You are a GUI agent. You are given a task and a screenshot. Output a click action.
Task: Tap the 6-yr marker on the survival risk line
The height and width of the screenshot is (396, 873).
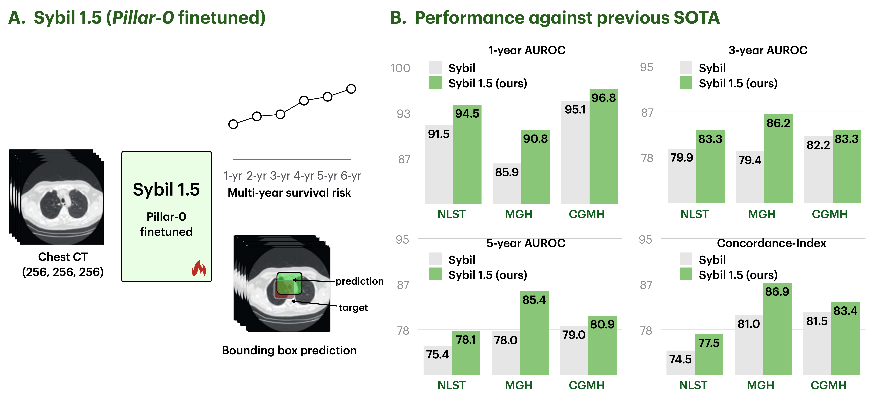click(351, 89)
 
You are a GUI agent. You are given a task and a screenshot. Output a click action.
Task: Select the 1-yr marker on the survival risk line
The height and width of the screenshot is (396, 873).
click(233, 124)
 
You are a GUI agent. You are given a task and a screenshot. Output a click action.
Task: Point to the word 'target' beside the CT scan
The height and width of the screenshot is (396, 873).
click(353, 307)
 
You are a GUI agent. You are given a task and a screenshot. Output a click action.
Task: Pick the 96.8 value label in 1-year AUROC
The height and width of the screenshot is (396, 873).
click(604, 98)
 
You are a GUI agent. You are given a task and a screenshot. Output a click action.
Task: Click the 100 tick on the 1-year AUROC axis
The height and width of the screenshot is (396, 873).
click(400, 68)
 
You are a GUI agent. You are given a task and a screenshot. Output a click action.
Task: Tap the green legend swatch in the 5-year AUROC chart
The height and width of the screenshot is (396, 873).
click(436, 274)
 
